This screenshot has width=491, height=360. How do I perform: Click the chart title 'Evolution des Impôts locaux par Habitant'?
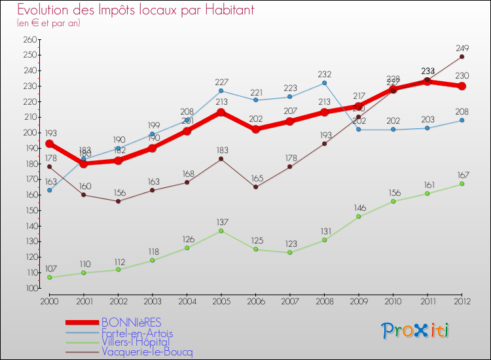(x=136, y=10)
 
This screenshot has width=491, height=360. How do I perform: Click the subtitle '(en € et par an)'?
(x=48, y=23)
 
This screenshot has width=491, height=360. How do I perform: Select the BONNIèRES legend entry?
(x=130, y=321)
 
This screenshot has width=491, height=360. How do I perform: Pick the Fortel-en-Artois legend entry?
(x=137, y=333)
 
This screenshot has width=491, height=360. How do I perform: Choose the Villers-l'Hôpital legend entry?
(x=136, y=342)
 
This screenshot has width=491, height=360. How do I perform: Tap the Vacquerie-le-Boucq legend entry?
(x=147, y=351)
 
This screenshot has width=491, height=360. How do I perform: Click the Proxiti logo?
(x=416, y=330)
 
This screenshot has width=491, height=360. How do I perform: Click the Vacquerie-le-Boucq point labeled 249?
(x=462, y=56)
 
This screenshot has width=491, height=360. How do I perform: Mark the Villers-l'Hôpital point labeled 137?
(x=221, y=230)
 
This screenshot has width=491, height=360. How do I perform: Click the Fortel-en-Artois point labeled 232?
(x=325, y=82)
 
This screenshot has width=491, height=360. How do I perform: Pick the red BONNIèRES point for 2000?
(x=49, y=143)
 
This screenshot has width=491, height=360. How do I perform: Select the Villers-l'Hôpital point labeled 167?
(x=462, y=184)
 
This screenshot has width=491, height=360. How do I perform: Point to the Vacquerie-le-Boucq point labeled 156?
(x=118, y=201)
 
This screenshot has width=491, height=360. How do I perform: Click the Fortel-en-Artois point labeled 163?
(x=49, y=190)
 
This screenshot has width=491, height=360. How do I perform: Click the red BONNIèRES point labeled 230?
(x=462, y=86)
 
